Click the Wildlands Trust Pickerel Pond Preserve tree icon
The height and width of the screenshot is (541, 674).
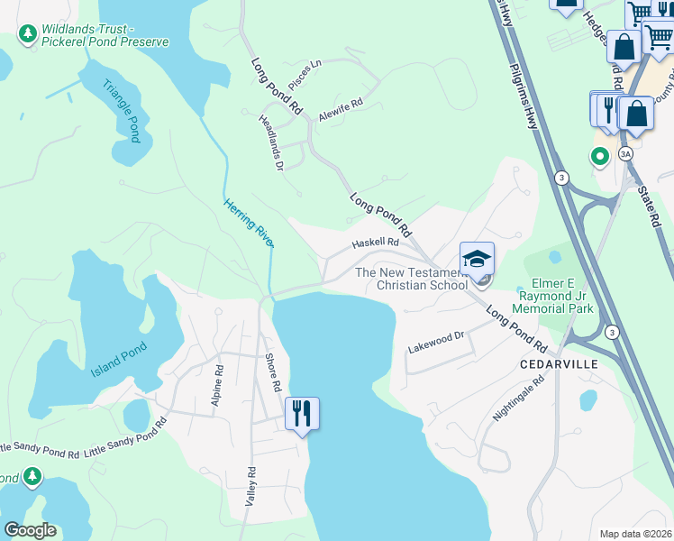pyautogui.click(x=27, y=34)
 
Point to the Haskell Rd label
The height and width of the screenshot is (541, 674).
pyautogui.click(x=375, y=243)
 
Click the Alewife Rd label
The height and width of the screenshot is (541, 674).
pyautogui.click(x=344, y=105)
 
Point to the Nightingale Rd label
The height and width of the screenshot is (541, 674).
pyautogui.click(x=519, y=399)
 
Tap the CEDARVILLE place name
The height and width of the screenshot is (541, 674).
pyautogui.click(x=559, y=364)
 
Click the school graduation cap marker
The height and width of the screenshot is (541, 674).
pyautogui.click(x=477, y=259)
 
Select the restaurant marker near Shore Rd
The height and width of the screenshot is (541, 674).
pyautogui.click(x=302, y=414)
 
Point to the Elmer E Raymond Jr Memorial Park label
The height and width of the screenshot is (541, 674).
pyautogui.click(x=552, y=296)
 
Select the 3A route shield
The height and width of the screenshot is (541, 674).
pyautogui.click(x=625, y=154)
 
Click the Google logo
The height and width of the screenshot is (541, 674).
pyautogui.click(x=30, y=529)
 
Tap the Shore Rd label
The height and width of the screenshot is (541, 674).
pyautogui.click(x=272, y=371)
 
